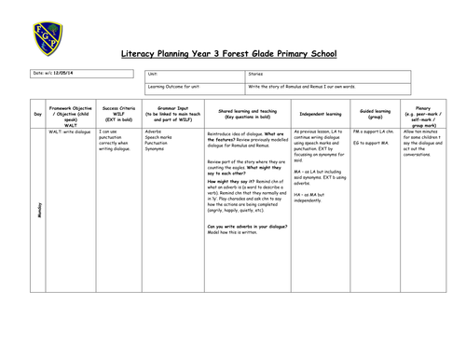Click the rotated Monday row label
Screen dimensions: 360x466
38,215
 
